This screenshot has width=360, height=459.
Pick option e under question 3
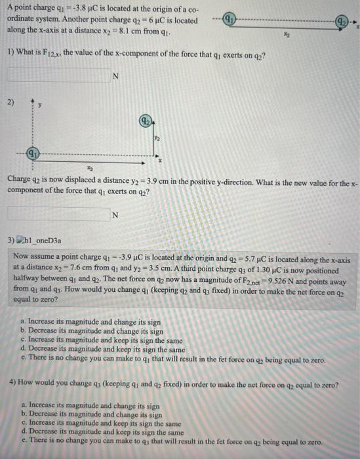[173, 360]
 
